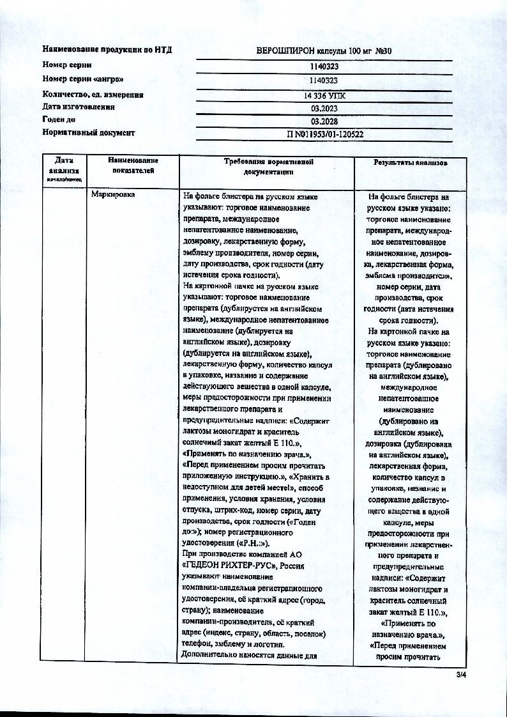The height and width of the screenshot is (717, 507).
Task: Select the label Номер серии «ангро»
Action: click(83, 79)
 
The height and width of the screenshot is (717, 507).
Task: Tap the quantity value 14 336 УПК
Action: click(324, 95)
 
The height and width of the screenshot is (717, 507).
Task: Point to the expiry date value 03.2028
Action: click(324, 121)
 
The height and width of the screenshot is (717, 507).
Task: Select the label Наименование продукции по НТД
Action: click(107, 50)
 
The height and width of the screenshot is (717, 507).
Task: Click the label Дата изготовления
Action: click(79, 107)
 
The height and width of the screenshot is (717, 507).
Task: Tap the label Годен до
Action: click(59, 119)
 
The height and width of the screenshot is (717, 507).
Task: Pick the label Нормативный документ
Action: click(89, 134)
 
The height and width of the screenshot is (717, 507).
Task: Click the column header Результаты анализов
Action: click(410, 163)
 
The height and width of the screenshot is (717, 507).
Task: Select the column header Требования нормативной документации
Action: click(268, 167)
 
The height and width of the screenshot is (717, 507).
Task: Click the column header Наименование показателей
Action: click(133, 165)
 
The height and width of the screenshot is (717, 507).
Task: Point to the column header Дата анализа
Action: click(64, 166)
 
